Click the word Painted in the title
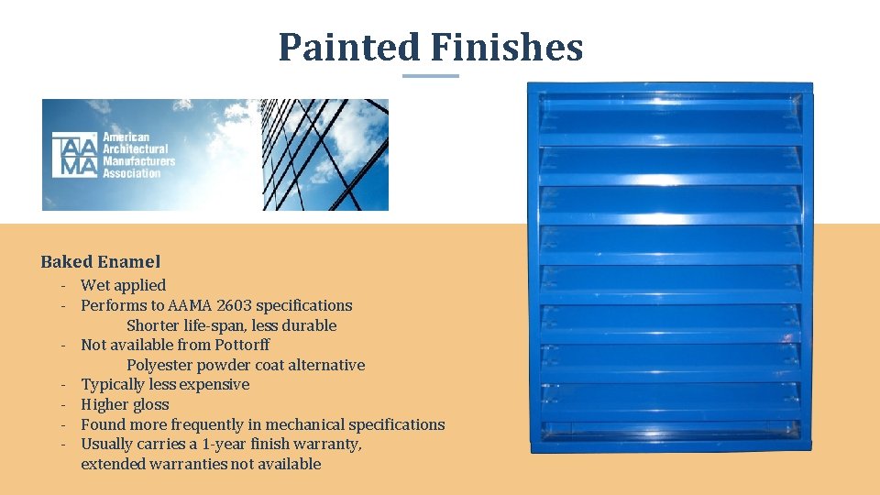pyautogui.click(x=348, y=47)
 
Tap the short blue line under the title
pyautogui.click(x=431, y=76)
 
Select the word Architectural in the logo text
pyautogui.click(x=136, y=148)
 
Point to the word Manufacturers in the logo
pyautogui.click(x=138, y=160)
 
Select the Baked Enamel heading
pyautogui.click(x=101, y=262)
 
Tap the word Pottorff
pyautogui.click(x=242, y=345)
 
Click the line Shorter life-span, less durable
pyautogui.click(x=231, y=325)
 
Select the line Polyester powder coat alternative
pyautogui.click(x=246, y=365)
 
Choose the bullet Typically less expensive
pyautogui.click(x=165, y=384)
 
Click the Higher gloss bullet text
pyautogui.click(x=125, y=404)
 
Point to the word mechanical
pyautogui.click(x=294, y=424)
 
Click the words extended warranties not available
pyautogui.click(x=201, y=464)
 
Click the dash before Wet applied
pyautogui.click(x=66, y=285)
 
